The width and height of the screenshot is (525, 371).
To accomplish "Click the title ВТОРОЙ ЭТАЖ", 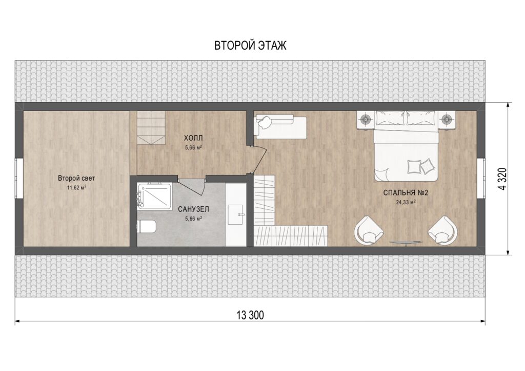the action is tap(250, 46).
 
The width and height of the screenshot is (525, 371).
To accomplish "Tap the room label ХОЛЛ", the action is tap(193, 138).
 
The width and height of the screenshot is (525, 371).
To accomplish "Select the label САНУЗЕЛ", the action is tap(193, 210).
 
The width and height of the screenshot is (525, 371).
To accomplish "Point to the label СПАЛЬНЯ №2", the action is tap(406, 193).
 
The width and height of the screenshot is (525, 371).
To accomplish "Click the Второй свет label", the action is tap(76, 179).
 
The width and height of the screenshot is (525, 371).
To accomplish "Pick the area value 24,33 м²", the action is tap(406, 202).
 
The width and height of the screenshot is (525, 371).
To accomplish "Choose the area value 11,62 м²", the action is tap(76, 187).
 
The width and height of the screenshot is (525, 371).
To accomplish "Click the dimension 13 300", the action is tap(250, 315).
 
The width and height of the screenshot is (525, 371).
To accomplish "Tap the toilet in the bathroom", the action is tap(147, 227).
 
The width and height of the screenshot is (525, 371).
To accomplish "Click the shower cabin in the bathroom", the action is tap(154, 196).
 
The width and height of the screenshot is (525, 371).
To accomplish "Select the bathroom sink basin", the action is tap(236, 214).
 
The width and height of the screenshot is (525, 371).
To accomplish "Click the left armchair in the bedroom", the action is tap(369, 230).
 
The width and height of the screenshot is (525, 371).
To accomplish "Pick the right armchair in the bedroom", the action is tap(442, 230).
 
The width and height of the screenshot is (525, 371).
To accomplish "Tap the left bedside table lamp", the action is tap(366, 118).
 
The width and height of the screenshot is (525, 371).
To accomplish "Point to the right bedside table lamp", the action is tap(447, 118).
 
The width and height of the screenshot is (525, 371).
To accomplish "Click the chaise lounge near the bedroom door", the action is tap(281, 126).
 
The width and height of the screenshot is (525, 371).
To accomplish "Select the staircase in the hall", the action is tap(151, 128).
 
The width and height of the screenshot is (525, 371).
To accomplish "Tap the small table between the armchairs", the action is tap(406, 243).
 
